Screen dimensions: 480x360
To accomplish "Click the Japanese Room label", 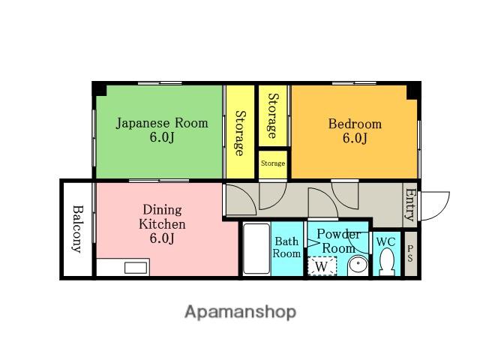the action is [162, 123].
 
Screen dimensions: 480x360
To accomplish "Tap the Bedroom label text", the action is [355, 124].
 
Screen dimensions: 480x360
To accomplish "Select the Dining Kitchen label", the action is [162, 217].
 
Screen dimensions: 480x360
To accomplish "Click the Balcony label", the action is [78, 229].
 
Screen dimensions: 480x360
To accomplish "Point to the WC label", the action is [386, 241].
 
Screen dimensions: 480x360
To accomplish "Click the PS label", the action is [410, 253].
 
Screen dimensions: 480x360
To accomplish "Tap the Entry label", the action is [410, 205].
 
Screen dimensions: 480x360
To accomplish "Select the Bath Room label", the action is [286, 247].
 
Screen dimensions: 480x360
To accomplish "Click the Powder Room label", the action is [338, 241].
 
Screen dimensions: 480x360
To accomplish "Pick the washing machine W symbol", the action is [322, 266].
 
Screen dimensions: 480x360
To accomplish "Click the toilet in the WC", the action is [387, 262].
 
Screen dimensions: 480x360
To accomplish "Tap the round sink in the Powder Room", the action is [358, 265].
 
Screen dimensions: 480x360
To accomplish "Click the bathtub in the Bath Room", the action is [256, 248].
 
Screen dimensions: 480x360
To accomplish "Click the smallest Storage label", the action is [273, 163].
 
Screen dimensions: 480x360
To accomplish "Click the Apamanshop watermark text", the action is [240, 312].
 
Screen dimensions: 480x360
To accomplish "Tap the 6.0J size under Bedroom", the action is [355, 138].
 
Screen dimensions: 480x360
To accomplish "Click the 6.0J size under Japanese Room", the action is [162, 137].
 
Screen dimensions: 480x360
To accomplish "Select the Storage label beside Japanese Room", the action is [240, 133].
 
